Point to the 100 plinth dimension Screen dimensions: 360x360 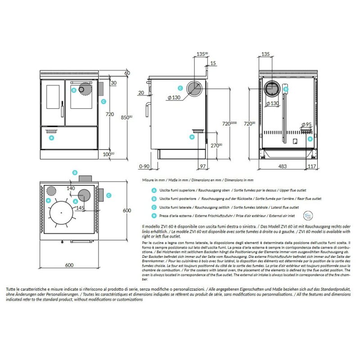pyautogui.click(x=107, y=154)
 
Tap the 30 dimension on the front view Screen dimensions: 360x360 pyautogui.click(x=113, y=82)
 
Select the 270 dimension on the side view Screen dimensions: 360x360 pyautogui.click(x=216, y=145)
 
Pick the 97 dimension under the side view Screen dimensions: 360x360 pyautogui.click(x=202, y=166)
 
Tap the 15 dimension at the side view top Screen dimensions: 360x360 pyautogui.click(x=213, y=63)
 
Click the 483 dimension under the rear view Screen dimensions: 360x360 pyautogui.click(x=282, y=166)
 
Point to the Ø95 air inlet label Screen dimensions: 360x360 pyautogui.click(x=306, y=124)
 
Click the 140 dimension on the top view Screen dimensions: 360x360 pyautogui.click(x=71, y=188)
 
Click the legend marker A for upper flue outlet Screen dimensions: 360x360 pyautogui.click(x=154, y=190)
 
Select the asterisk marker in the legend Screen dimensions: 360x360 pyautogui.click(x=154, y=216)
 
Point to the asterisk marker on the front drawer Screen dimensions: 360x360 pyautogui.click(x=51, y=138)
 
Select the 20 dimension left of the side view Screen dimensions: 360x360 pyautogui.click(x=141, y=93)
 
